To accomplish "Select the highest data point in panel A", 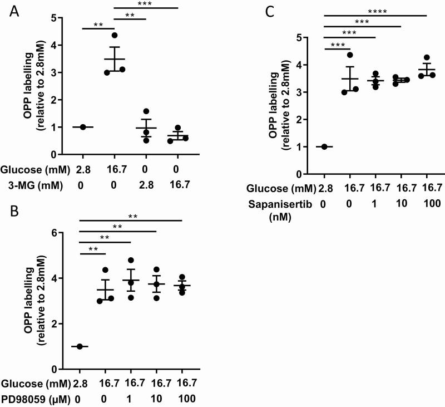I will click(x=115, y=36).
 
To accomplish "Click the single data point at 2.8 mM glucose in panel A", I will click(x=83, y=127).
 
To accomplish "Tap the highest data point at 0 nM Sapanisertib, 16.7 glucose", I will click(x=351, y=55).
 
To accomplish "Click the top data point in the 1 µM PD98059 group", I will click(x=131, y=260).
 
